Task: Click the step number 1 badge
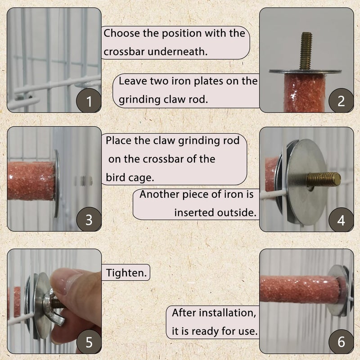click(x=89, y=101)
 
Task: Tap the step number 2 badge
click(x=341, y=101)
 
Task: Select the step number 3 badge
click(x=89, y=220)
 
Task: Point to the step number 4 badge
click(x=341, y=220)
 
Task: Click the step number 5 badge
click(x=89, y=342)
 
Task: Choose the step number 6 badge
click(x=341, y=342)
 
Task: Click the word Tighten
click(x=126, y=273)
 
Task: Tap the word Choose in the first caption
click(x=121, y=33)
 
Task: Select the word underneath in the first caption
click(x=177, y=51)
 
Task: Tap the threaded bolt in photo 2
click(x=306, y=51)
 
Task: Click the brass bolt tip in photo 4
click(x=324, y=180)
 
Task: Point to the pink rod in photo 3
click(x=31, y=181)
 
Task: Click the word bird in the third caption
click(x=115, y=177)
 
